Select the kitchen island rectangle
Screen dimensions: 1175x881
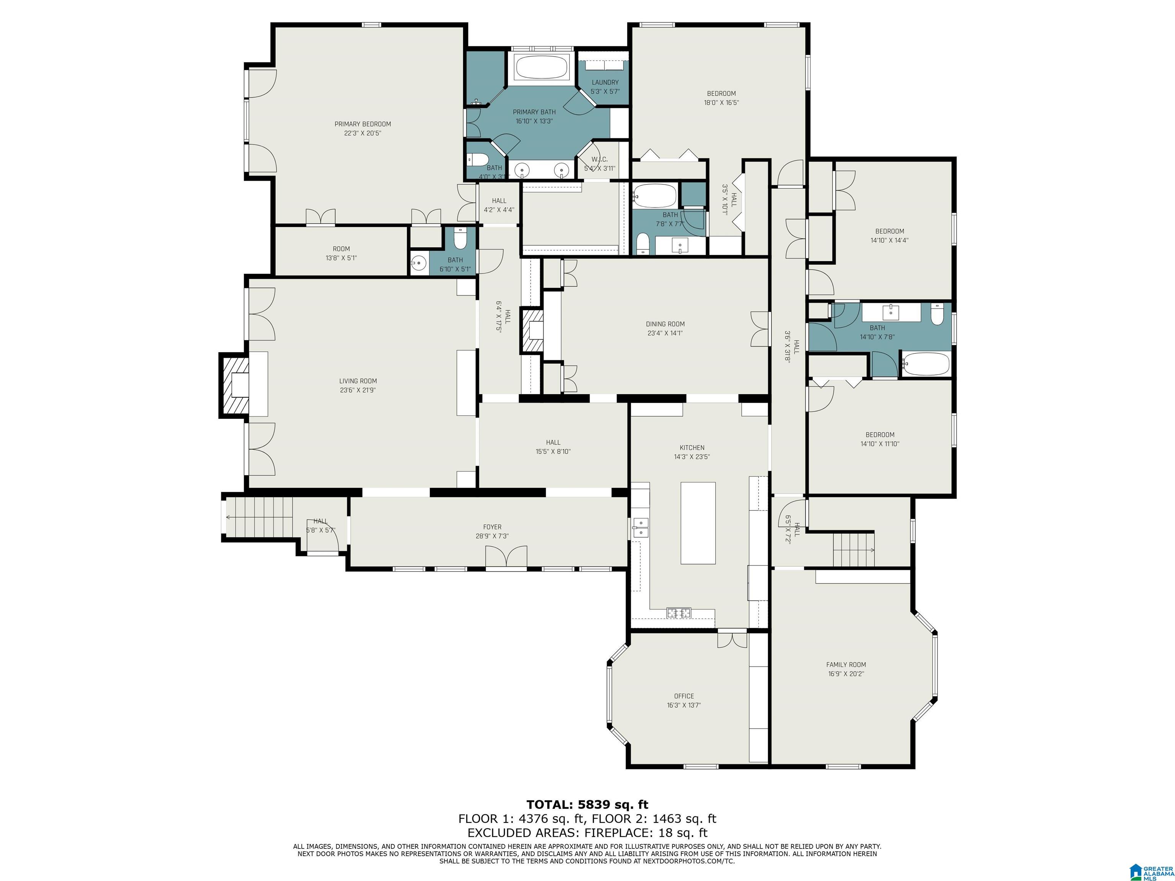click(x=698, y=523)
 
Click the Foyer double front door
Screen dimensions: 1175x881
click(x=506, y=558)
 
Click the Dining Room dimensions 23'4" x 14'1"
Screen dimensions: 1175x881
click(x=665, y=333)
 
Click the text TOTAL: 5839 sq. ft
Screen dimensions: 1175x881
click(x=587, y=805)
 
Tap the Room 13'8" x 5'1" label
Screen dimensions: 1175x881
click(x=341, y=253)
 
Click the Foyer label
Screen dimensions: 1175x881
click(x=492, y=527)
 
